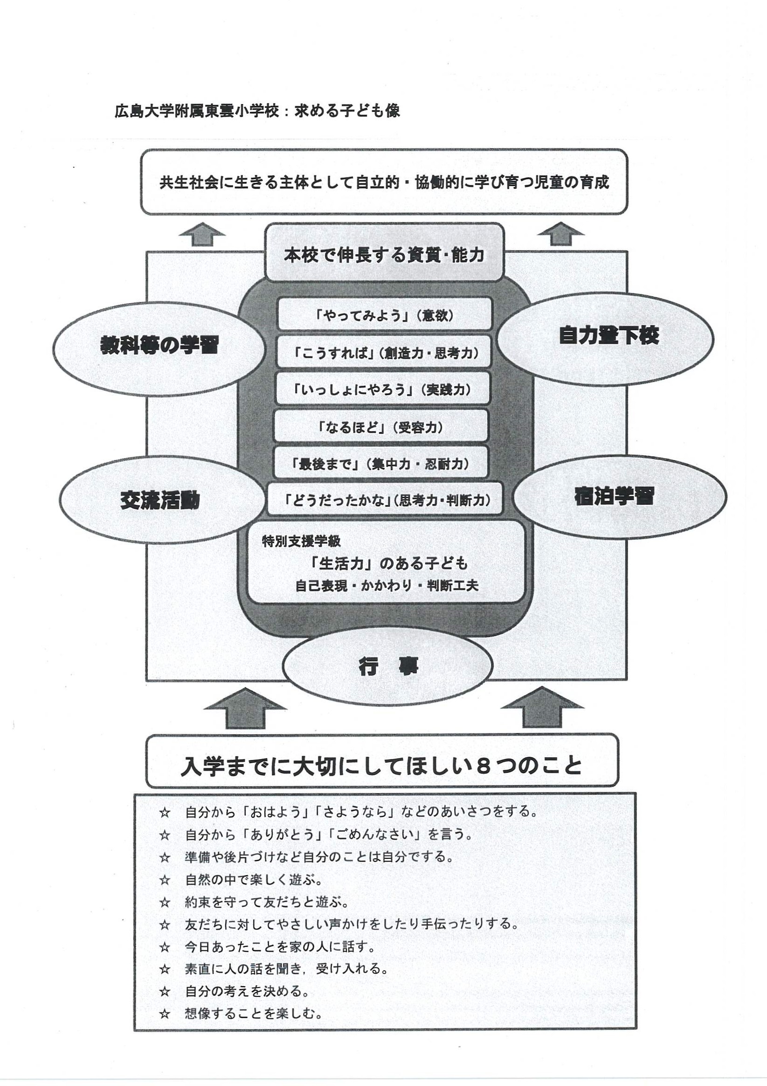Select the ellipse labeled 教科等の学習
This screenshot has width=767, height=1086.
pos(159,346)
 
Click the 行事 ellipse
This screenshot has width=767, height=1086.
pos(388,668)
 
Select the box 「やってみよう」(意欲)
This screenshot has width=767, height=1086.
pos(384,314)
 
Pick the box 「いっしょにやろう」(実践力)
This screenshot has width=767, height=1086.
pos(382,389)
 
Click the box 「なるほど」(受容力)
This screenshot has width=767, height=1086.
pos(381,427)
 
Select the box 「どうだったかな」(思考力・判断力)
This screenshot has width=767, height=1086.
pos(384,500)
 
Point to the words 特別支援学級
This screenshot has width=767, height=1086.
pos(301,542)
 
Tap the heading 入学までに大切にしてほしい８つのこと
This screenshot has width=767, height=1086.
pos(381,766)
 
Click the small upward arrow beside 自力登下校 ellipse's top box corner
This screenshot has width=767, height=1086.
pos(561,234)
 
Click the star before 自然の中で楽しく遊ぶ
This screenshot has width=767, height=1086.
pos(164,880)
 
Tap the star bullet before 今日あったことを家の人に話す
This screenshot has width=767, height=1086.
pos(164,947)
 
